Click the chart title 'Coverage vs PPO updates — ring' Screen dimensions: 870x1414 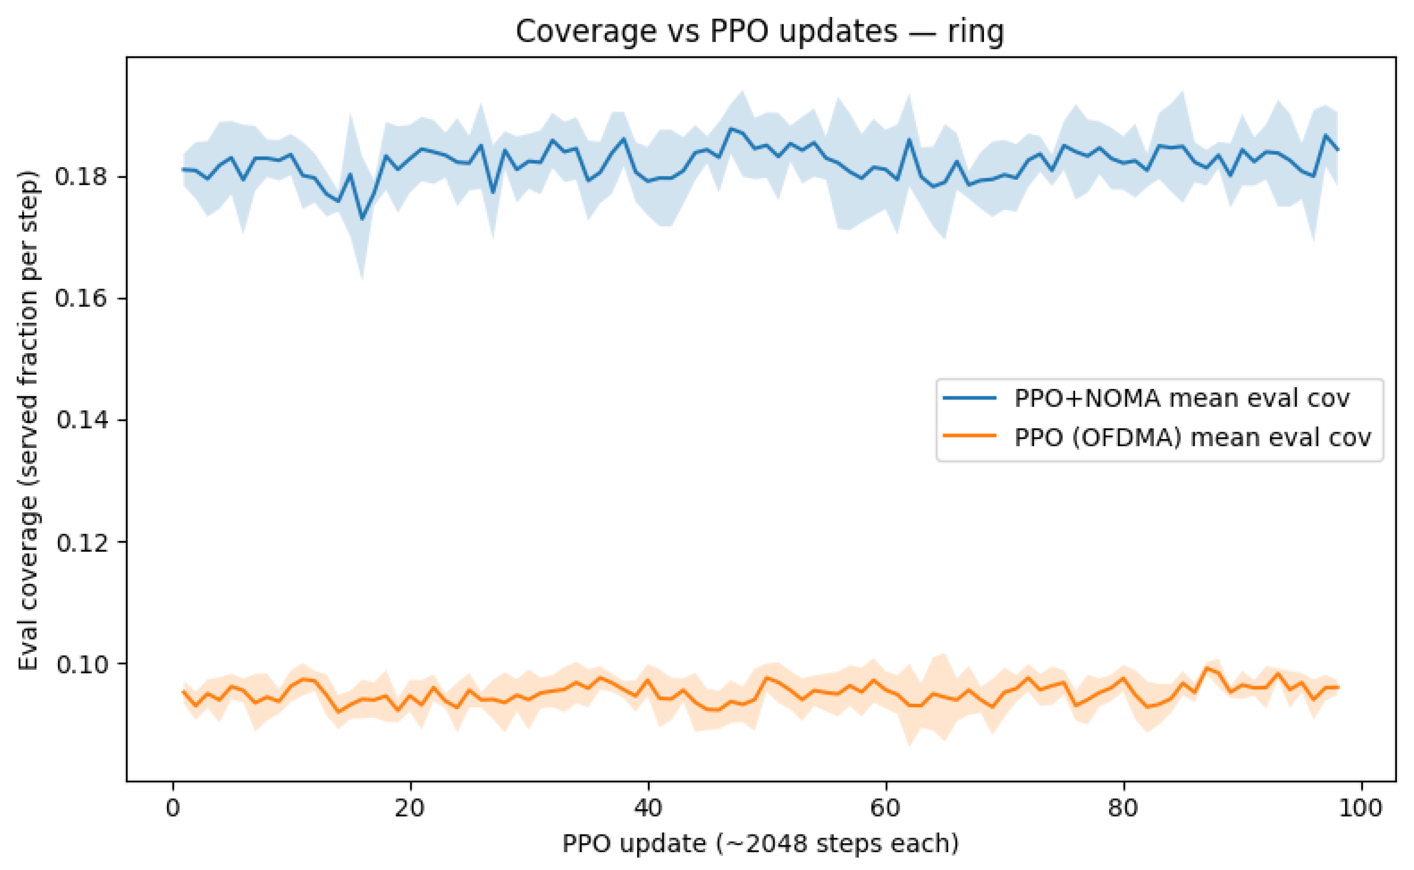(x=759, y=31)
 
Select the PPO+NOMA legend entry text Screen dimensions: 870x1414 (x=1182, y=398)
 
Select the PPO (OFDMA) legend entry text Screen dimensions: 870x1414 (x=1192, y=438)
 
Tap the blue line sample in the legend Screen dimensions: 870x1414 (x=970, y=398)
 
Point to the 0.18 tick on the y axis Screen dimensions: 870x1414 (x=81, y=177)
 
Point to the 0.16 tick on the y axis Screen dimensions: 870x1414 (x=81, y=299)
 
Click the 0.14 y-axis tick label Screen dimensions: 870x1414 (x=81, y=420)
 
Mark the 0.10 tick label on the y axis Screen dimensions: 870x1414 (x=81, y=664)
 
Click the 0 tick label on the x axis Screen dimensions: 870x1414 (x=173, y=808)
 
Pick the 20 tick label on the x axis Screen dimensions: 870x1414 (x=410, y=808)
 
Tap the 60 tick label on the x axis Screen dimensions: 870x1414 (x=885, y=808)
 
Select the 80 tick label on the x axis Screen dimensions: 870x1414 (x=1123, y=808)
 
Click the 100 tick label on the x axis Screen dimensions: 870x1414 (x=1360, y=808)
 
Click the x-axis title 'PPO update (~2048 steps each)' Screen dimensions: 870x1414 (x=760, y=844)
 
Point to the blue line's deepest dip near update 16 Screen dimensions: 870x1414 (x=362, y=218)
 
